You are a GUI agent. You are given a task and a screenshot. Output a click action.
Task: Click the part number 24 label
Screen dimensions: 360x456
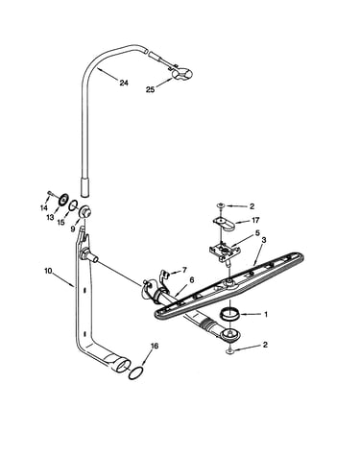click(124, 83)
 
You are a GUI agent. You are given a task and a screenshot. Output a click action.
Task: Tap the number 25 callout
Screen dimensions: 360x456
click(150, 90)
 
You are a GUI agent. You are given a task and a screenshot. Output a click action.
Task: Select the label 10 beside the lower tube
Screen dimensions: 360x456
click(48, 271)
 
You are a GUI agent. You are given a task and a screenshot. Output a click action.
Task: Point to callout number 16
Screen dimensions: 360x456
click(155, 346)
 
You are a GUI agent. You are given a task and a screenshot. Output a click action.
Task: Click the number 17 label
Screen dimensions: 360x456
click(255, 220)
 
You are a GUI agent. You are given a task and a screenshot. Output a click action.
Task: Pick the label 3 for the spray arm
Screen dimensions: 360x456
click(264, 240)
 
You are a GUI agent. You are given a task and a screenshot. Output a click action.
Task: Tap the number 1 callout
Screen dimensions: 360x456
click(265, 314)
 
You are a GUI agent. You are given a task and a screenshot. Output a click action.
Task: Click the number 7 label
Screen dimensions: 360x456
click(184, 270)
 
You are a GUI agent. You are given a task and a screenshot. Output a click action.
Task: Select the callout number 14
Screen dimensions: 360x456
click(44, 207)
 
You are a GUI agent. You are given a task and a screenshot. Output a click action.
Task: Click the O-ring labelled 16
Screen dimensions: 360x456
click(135, 373)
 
